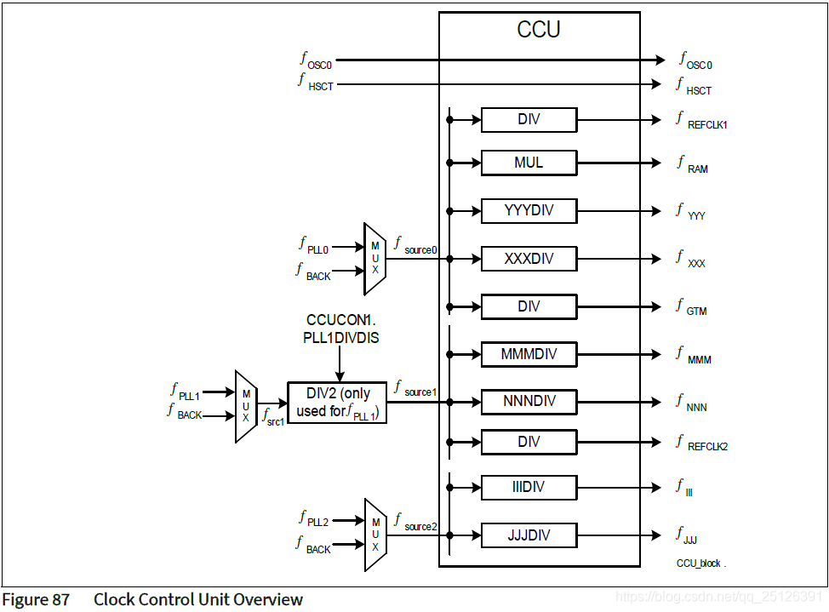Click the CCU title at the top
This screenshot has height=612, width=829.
point(539,30)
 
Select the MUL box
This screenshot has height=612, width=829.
point(529,163)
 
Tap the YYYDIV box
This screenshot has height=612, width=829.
point(529,210)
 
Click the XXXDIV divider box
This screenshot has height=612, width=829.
point(529,258)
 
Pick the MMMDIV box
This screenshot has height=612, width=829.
point(529,353)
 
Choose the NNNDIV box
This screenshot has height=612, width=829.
point(529,401)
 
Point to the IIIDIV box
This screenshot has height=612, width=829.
point(529,488)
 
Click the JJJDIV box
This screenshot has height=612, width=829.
point(529,535)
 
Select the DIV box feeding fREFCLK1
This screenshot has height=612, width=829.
point(529,120)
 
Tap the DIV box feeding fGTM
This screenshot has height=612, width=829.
point(529,306)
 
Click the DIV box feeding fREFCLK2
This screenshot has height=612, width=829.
point(529,442)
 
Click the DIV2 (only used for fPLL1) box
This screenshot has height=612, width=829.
point(337,402)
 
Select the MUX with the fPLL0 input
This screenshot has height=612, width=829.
point(374,259)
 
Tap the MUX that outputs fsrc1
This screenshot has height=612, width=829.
point(246,406)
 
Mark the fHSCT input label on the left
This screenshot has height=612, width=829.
point(316,83)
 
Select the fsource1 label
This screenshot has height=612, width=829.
point(415,388)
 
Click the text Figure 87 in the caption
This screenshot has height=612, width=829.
point(37,599)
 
